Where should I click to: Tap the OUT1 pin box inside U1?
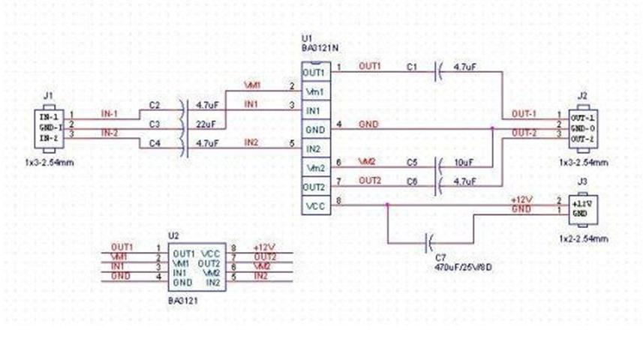(314, 72)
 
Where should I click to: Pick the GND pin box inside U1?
(314, 129)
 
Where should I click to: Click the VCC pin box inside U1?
(314, 204)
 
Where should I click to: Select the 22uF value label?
(206, 123)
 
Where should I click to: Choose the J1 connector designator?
(49, 95)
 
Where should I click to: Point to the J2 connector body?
(582, 129)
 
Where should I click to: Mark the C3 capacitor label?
(155, 123)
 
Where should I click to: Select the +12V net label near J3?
(521, 199)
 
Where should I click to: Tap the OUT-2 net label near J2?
(524, 133)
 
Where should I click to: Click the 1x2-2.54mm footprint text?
(584, 238)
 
